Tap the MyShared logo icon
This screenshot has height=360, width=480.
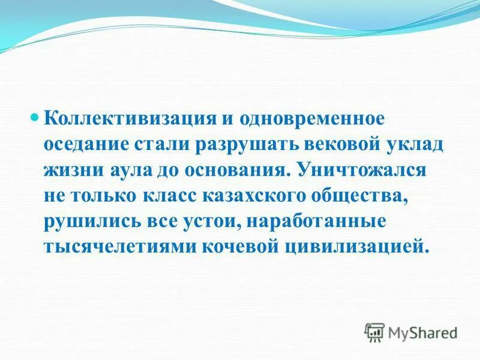tap(374, 332)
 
